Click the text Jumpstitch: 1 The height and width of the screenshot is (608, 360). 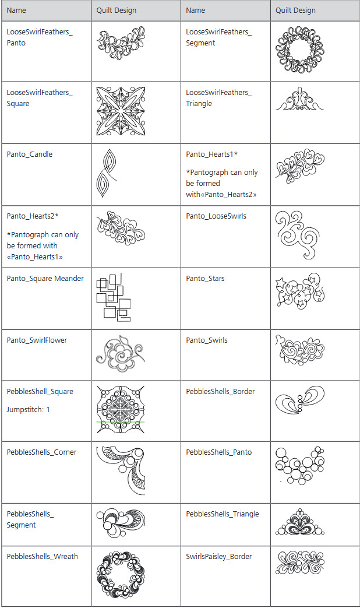pos(28,409)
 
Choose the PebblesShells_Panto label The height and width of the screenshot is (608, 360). pos(219,452)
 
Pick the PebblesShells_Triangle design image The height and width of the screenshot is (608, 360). pos(300,522)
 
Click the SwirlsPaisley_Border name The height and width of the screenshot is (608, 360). pos(219,557)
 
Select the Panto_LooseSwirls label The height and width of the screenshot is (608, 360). pos(216,216)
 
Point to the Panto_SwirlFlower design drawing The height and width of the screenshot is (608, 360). pos(121,354)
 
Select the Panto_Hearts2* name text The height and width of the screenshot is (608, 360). pos(33,216)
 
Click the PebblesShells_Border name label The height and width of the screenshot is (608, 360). pos(221,392)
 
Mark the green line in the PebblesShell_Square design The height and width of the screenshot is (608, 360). pos(121,422)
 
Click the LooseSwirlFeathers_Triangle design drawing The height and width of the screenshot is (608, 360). pos(299,99)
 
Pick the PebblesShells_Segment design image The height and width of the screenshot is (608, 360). pos(121,523)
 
